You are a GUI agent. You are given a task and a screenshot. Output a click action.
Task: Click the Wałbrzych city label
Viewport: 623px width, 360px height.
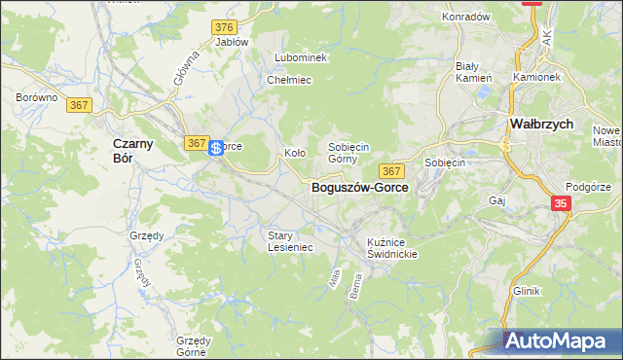tap(541, 125)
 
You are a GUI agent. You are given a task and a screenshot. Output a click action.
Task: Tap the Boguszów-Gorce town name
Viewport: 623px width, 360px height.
tap(359, 187)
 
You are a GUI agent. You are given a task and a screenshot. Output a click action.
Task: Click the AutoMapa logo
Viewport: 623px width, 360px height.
tap(560, 342)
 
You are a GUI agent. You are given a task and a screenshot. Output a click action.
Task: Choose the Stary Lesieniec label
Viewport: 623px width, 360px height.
tap(290, 240)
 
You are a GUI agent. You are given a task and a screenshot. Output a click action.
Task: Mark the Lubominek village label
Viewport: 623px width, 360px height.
tap(301, 57)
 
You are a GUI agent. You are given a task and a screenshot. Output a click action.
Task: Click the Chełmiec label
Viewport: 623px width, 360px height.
tap(288, 80)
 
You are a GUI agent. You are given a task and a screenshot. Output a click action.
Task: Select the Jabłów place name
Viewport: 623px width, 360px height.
tap(232, 42)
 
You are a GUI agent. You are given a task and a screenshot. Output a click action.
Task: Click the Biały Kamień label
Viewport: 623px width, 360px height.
tap(474, 71)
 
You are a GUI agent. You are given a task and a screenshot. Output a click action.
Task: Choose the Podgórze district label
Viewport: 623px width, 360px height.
tap(587, 186)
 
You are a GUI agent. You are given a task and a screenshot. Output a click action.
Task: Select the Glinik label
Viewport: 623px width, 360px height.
tap(526, 291)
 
